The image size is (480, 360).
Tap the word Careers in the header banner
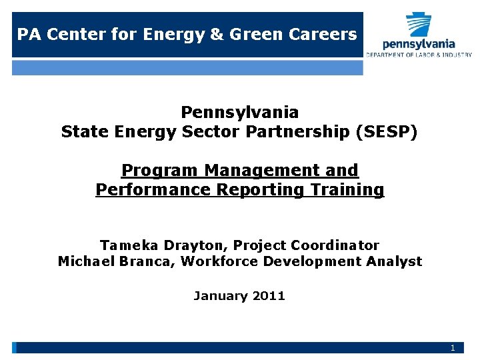[327, 34]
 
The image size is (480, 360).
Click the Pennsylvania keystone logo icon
[419, 24]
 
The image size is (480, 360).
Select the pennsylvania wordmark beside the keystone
[419, 44]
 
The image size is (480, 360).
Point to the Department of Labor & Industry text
[419, 55]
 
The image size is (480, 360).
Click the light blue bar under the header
[187, 67]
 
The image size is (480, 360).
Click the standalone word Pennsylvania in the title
[239, 112]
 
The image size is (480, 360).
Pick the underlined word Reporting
[251, 190]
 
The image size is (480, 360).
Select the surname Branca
[149, 261]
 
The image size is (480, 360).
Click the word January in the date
[219, 295]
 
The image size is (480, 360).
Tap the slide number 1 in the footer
[453, 348]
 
